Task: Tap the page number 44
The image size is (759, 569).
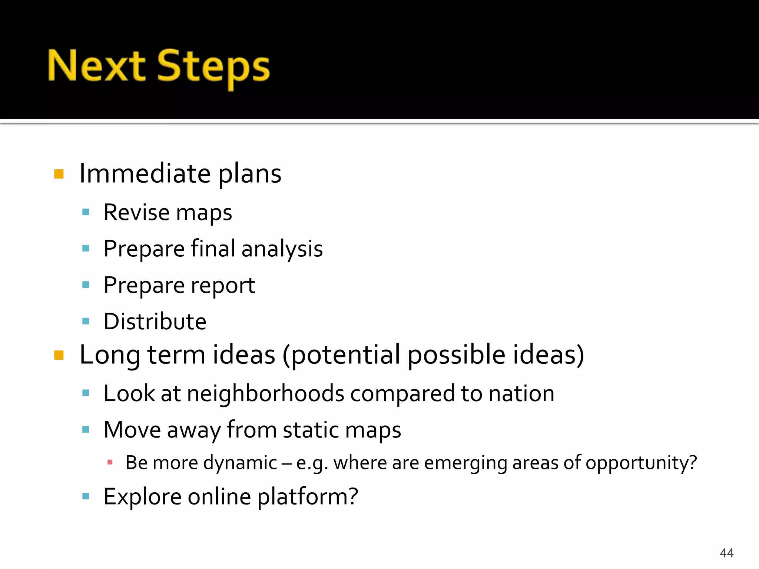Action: point(726,553)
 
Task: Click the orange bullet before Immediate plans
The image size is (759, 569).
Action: point(59,174)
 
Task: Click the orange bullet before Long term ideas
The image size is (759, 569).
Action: point(59,355)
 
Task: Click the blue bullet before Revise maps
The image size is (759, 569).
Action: point(86,212)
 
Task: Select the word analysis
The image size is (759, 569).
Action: point(282,249)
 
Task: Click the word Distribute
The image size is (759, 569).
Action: point(155,321)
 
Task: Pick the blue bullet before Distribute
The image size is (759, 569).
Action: point(86,321)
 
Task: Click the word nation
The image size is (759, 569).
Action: point(521,393)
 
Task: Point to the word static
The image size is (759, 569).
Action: point(310,430)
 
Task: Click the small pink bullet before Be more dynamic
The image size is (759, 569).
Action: point(110,462)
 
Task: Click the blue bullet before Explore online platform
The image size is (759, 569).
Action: point(86,496)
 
